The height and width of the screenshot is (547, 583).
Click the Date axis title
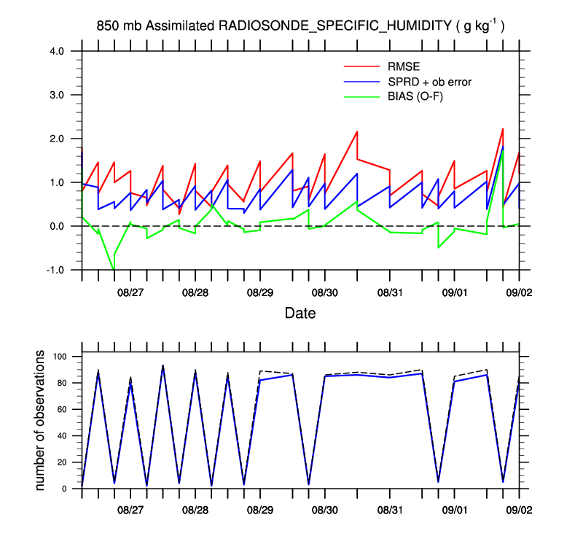pos(300,313)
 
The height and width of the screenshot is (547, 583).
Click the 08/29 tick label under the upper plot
pos(260,292)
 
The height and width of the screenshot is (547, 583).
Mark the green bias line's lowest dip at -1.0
pos(113,269)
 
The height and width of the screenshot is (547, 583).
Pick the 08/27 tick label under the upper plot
pos(130,292)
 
